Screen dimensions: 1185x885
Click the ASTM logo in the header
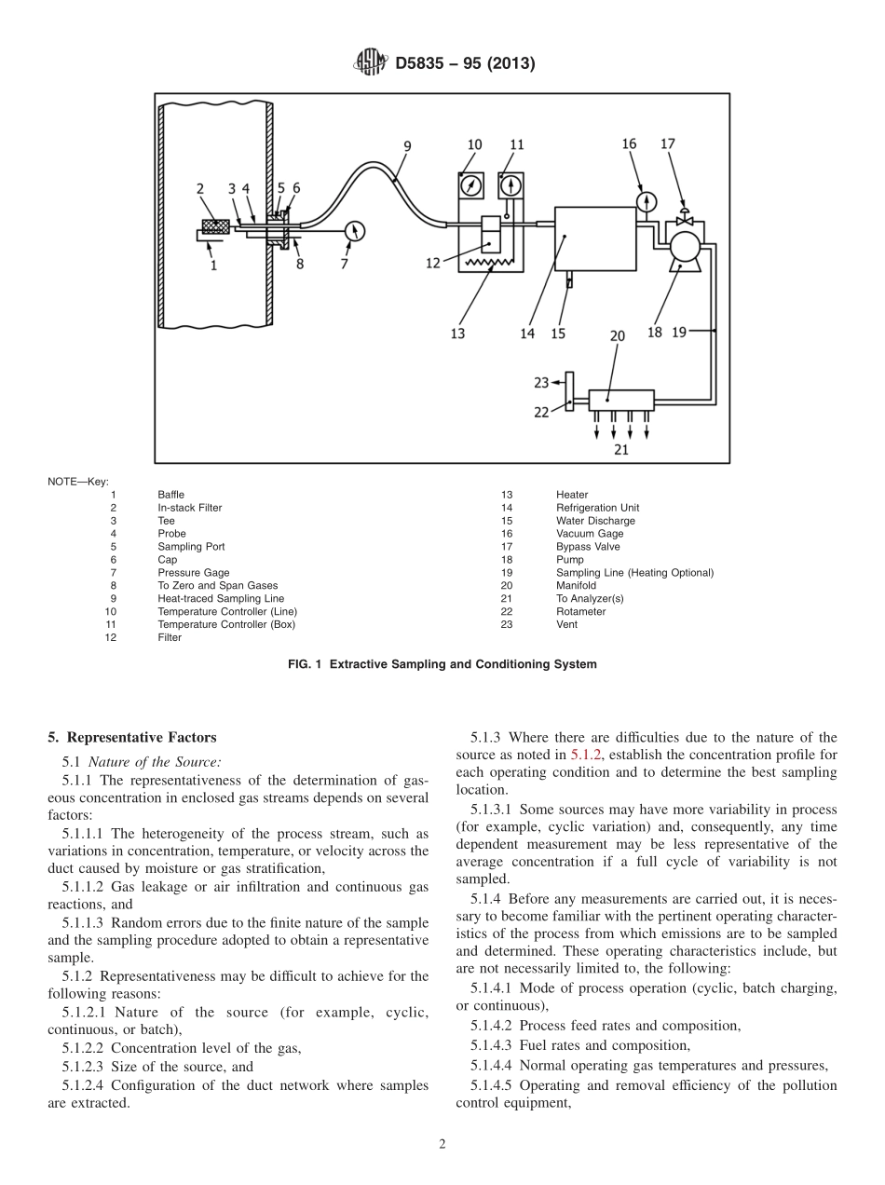[x=371, y=63]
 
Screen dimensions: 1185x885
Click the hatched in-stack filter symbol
[x=216, y=226]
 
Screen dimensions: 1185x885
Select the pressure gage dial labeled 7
[x=353, y=230]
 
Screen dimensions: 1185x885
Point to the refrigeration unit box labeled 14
[x=595, y=238]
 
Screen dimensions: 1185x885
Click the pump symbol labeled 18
[x=686, y=247]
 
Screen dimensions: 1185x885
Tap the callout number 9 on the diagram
[x=407, y=145]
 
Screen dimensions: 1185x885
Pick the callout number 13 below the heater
[x=457, y=333]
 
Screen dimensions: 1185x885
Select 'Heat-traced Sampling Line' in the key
[x=221, y=598]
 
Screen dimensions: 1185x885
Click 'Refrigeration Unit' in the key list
[x=597, y=508]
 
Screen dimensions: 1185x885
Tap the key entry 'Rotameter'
[x=580, y=611]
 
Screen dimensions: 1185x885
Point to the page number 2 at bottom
[x=442, y=1145]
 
